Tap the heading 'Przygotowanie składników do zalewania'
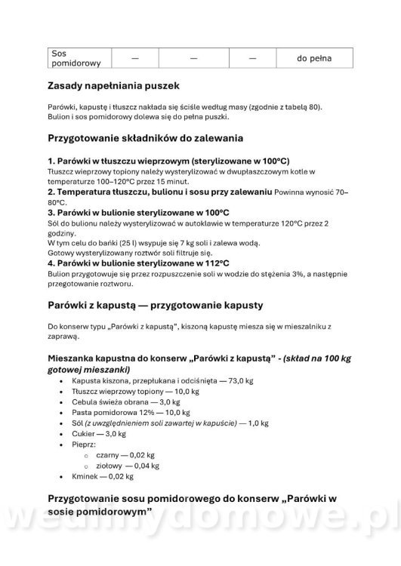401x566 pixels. [155, 139]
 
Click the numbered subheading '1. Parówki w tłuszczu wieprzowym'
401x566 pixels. [168, 161]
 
